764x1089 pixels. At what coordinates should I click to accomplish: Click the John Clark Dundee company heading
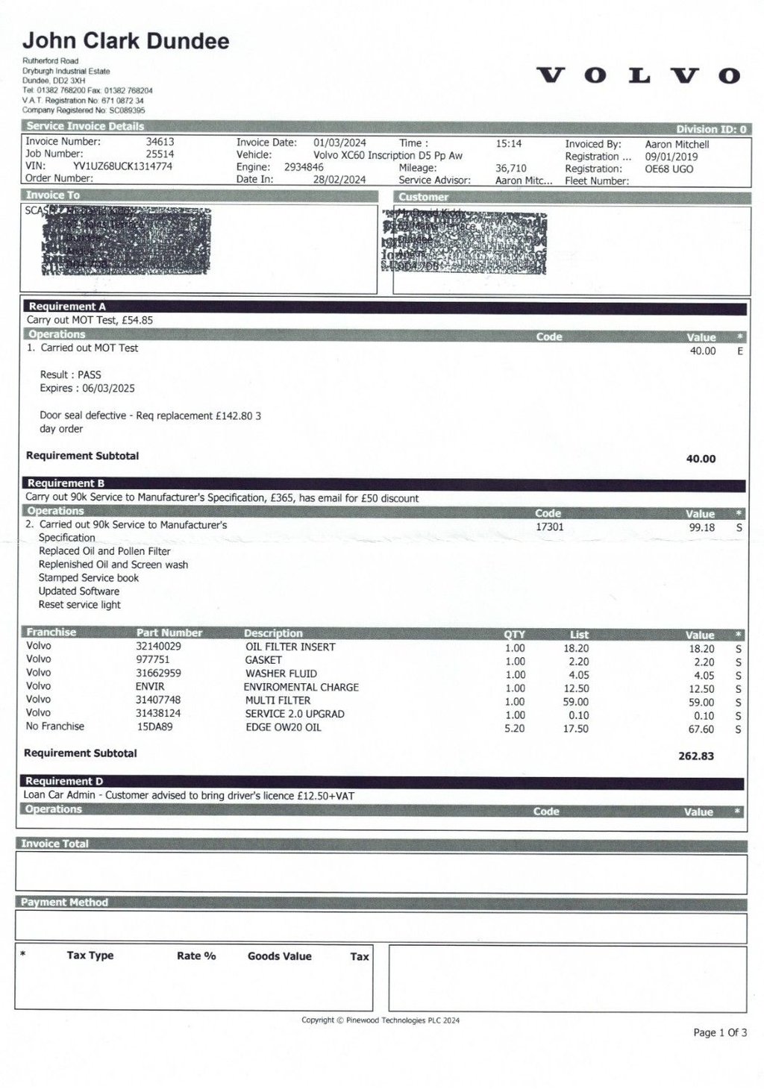(x=126, y=41)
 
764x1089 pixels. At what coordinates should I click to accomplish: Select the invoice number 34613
(x=160, y=141)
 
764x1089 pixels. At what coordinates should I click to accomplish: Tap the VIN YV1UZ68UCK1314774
(x=122, y=166)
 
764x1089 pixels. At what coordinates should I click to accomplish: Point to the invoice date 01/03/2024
(x=339, y=142)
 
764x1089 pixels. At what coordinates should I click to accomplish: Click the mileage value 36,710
(x=510, y=169)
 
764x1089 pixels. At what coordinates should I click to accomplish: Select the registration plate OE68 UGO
(x=669, y=169)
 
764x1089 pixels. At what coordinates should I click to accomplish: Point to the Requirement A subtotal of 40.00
(x=701, y=459)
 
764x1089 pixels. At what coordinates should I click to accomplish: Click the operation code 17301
(x=550, y=527)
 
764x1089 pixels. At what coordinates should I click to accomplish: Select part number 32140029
(x=158, y=646)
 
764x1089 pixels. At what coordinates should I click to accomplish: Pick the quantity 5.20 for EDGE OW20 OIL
(x=515, y=728)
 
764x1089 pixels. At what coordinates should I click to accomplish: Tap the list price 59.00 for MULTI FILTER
(x=575, y=701)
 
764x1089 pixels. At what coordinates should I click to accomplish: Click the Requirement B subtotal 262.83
(x=696, y=756)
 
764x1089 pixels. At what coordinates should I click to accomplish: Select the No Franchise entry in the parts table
(x=55, y=726)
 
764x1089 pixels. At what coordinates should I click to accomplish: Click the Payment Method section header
(x=64, y=902)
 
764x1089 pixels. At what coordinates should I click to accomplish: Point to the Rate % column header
(x=196, y=955)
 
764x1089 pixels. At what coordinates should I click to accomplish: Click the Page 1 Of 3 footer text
(x=719, y=1032)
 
